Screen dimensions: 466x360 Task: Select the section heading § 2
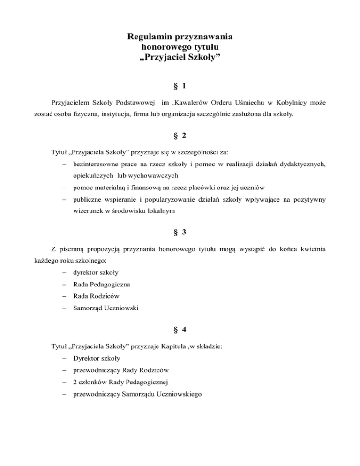click(x=180, y=136)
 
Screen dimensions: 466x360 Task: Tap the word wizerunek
click(x=89, y=211)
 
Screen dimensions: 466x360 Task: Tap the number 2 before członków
click(x=75, y=382)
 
